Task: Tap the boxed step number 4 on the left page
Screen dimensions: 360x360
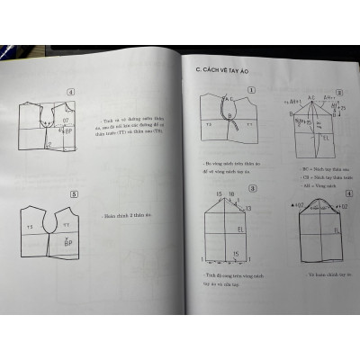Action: (70, 91)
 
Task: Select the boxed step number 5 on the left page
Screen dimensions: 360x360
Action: (73, 192)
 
